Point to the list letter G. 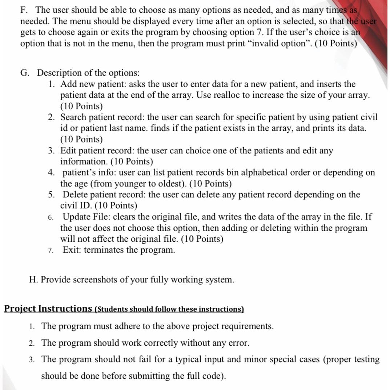pos(25,73)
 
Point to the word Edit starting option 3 pos(68,150)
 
